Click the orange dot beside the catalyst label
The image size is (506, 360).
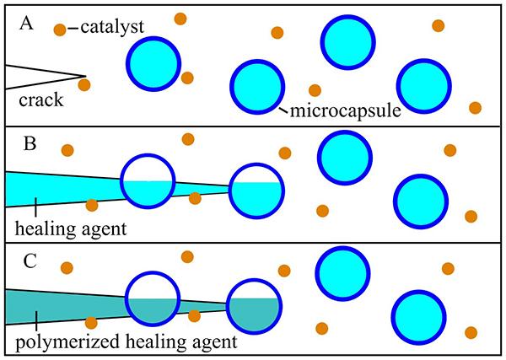click(60, 30)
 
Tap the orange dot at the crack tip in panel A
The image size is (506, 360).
click(84, 84)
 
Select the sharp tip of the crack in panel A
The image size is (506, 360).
click(85, 77)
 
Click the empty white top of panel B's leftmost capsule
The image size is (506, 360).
click(148, 169)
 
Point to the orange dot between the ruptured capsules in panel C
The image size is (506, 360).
click(194, 315)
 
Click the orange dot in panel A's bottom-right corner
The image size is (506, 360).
click(475, 108)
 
